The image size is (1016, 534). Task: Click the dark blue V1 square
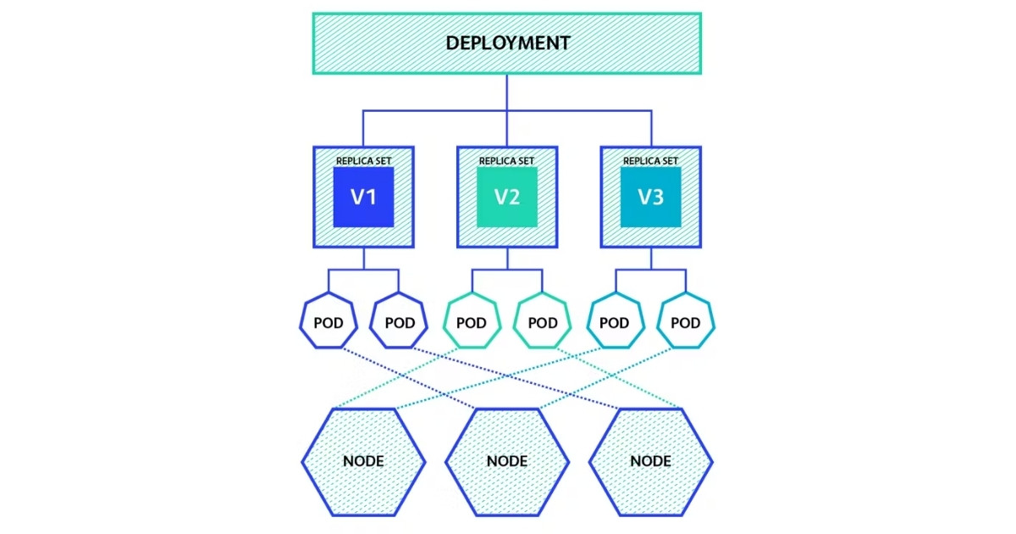(x=363, y=197)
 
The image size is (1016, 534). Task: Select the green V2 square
(x=507, y=197)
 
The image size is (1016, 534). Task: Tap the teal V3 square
(x=650, y=197)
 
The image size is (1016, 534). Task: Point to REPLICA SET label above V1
(x=363, y=160)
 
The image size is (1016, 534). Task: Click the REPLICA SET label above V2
(x=507, y=160)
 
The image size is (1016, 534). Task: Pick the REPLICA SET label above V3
(x=650, y=160)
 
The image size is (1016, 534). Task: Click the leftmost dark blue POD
(x=329, y=322)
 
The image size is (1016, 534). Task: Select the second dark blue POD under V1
(x=400, y=322)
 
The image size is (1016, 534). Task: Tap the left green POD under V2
(x=472, y=322)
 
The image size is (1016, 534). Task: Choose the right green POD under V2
(x=543, y=322)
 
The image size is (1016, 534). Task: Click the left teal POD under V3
(x=614, y=322)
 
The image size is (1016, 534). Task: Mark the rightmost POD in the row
(x=686, y=322)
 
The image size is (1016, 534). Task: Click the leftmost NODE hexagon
(x=363, y=461)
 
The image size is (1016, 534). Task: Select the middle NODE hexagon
(x=507, y=461)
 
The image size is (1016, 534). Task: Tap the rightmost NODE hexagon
(x=650, y=461)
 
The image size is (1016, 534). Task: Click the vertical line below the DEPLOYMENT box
(x=507, y=92)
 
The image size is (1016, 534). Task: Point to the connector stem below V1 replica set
(x=363, y=258)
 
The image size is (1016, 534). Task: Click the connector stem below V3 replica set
(x=650, y=258)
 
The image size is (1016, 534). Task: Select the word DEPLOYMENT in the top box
(x=507, y=43)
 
